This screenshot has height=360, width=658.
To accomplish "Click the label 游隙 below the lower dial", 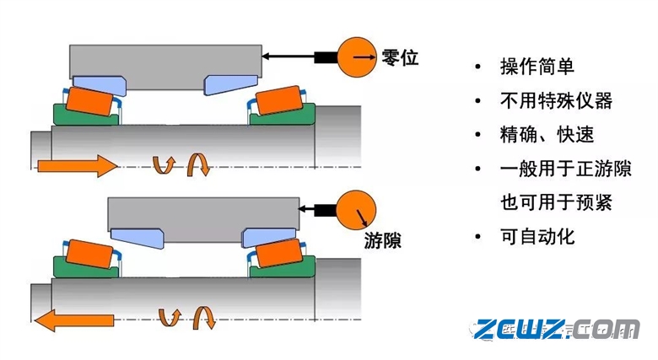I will click(382, 240).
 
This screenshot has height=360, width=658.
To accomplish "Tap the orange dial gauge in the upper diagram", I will click(356, 57).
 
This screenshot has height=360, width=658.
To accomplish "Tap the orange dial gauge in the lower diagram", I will click(357, 210).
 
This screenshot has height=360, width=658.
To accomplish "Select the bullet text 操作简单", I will click(537, 67).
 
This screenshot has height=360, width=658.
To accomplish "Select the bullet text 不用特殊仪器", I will click(555, 101).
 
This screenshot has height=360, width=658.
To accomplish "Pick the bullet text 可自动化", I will click(537, 236).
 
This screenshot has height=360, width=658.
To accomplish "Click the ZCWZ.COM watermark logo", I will click(556, 329).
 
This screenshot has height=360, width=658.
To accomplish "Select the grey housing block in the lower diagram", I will click(202, 214).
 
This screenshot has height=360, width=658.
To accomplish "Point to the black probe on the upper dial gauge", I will click(325, 57).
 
